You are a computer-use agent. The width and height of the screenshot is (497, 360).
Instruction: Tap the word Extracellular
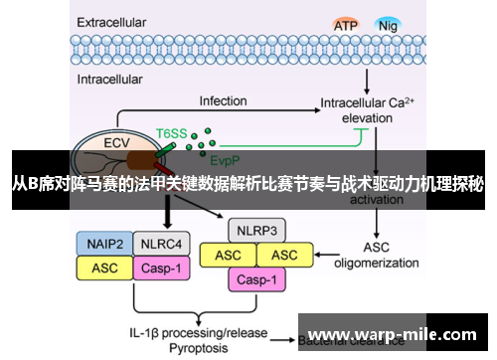(116, 19)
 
